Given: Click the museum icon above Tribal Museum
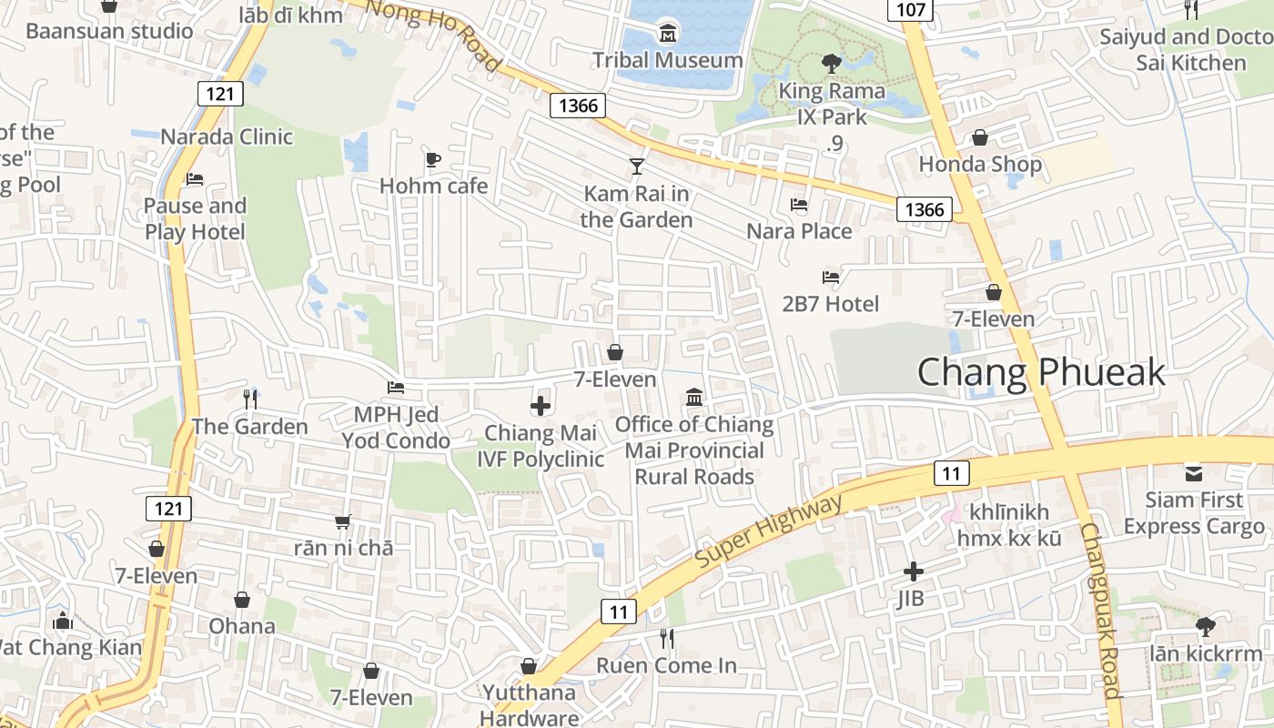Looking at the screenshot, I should click(668, 35).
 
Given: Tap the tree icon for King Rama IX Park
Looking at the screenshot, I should click(830, 64).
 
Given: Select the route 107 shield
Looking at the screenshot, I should click(910, 10).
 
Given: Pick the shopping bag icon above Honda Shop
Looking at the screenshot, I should click(980, 138).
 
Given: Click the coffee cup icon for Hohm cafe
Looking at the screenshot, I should click(433, 160).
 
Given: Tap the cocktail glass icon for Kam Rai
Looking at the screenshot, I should click(636, 167).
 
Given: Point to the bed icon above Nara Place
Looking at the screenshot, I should click(799, 205).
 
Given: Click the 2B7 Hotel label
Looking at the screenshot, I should click(830, 304).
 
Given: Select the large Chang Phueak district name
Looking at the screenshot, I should click(1040, 372).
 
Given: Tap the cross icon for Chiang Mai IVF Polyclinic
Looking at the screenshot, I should click(541, 406).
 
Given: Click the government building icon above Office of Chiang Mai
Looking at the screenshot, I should click(694, 398).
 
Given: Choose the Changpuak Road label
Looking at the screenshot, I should click(1100, 610).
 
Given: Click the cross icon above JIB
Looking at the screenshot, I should click(913, 571).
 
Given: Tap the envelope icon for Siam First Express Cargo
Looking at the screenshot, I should click(1193, 473).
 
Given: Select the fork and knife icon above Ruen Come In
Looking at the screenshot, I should click(667, 639).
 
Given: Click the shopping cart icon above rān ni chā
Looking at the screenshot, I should click(343, 521).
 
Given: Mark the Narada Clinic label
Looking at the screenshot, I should click(227, 137).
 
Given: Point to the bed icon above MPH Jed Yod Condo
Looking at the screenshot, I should click(395, 388).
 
